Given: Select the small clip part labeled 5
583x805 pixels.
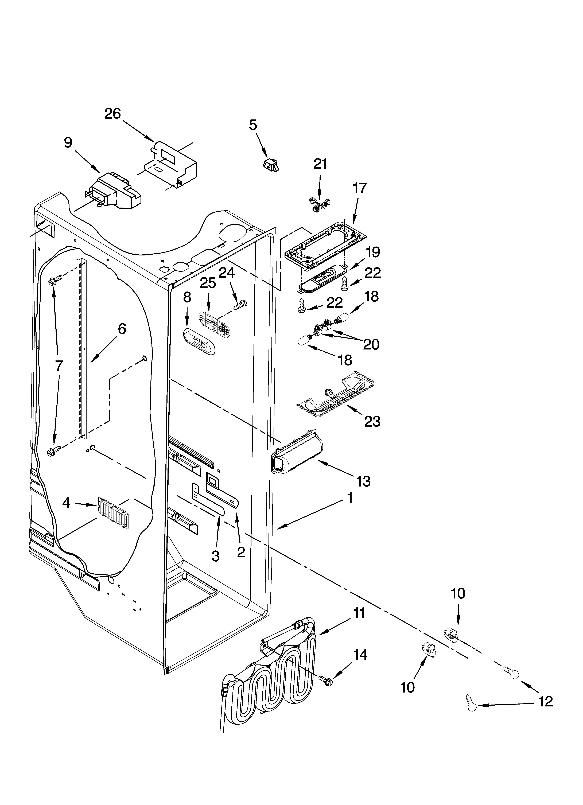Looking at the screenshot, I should [271, 164].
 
